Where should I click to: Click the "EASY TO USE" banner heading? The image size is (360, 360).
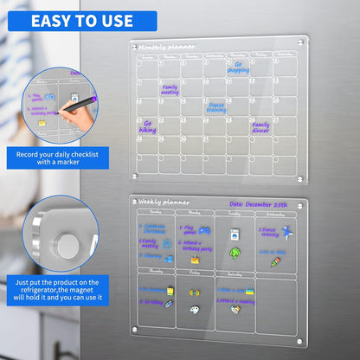pos(82,20)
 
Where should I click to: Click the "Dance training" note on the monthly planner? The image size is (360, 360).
pos(215,106)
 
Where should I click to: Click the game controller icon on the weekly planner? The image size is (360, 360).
pos(204,230)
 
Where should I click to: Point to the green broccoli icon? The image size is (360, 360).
pos(234,254)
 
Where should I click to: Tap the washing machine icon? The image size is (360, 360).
pos(235,234)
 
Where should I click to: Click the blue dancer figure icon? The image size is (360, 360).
pos(286,232)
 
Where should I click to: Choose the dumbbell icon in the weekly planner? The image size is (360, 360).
pos(170,304)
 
